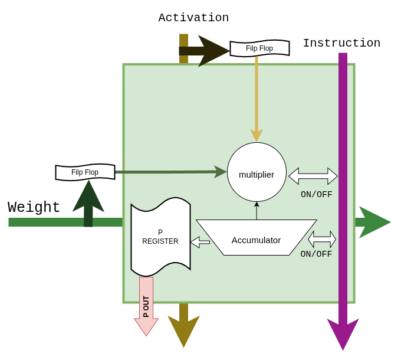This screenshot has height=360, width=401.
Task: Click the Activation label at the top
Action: [x=193, y=18]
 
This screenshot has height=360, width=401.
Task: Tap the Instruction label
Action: [x=341, y=43]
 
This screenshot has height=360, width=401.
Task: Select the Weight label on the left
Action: [x=34, y=208]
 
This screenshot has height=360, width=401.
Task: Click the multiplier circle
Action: [x=257, y=172]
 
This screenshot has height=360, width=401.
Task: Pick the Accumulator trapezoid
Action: [x=257, y=238]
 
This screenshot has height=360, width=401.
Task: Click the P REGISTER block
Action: [x=160, y=237]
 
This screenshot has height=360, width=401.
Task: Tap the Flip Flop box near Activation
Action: [x=259, y=48]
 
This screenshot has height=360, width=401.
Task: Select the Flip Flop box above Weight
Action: [x=85, y=172]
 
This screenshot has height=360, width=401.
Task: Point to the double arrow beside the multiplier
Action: [x=313, y=176]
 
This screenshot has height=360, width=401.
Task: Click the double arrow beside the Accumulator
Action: [x=322, y=239]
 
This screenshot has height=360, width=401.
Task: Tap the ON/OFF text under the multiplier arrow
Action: [x=317, y=195]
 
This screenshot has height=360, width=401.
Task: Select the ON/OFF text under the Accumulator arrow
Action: [x=316, y=254]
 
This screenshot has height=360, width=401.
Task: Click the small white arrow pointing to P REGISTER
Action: [x=200, y=242]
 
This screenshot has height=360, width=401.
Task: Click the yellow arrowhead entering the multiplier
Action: [x=257, y=136]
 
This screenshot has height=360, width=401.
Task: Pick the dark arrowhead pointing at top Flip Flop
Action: [x=212, y=51]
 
